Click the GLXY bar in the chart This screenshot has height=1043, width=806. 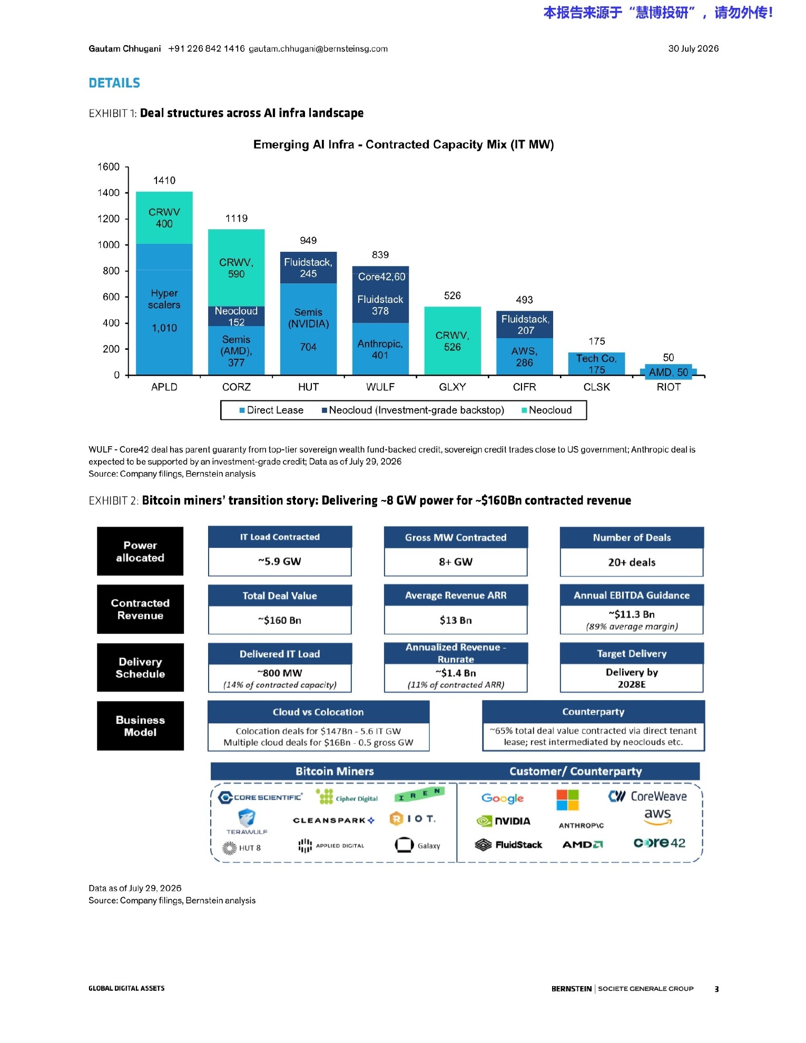[x=452, y=340]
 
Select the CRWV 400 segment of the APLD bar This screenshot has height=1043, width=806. [x=164, y=218]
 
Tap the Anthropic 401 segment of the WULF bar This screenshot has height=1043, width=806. [x=380, y=349]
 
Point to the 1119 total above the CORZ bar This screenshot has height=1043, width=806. [x=237, y=219]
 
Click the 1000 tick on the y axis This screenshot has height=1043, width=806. [x=109, y=245]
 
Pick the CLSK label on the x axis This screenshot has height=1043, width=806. [x=596, y=387]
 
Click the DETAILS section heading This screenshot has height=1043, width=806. [x=114, y=83]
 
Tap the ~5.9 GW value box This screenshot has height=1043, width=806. [x=280, y=562]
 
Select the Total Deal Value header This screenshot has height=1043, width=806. [x=280, y=596]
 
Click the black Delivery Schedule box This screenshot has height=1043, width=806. [x=140, y=667]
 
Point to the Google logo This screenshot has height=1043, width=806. [x=503, y=799]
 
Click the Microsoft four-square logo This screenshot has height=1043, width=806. [x=567, y=800]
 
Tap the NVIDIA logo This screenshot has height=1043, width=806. [x=503, y=821]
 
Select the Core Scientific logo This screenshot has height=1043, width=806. [x=260, y=798]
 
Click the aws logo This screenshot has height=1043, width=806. [x=657, y=817]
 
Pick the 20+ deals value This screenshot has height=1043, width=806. [x=632, y=563]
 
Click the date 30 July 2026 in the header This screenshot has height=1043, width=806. [x=693, y=48]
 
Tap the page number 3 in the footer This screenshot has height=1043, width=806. [x=716, y=989]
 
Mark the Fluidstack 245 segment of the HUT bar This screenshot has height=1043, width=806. [x=308, y=268]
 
